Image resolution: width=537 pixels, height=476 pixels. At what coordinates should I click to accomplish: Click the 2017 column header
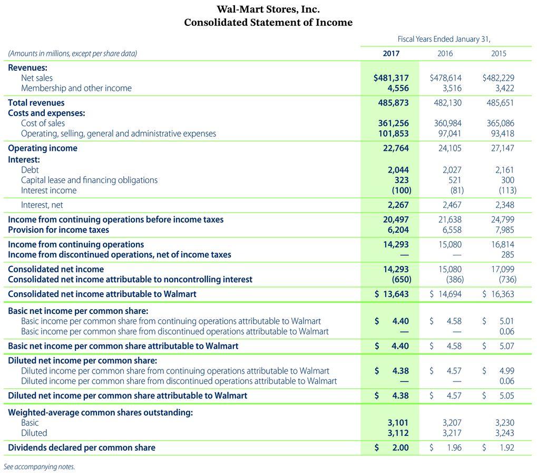pyautogui.click(x=390, y=53)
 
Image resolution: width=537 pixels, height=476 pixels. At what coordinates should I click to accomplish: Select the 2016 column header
pyautogui.click(x=445, y=53)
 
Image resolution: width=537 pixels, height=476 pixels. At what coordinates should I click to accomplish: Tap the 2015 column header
pyautogui.click(x=499, y=53)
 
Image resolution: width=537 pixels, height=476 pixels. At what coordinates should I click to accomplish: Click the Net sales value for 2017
pyautogui.click(x=391, y=78)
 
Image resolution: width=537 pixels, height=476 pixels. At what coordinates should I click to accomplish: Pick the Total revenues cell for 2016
pyautogui.click(x=447, y=103)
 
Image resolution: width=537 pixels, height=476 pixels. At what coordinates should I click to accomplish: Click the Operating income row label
pyautogui.click(x=43, y=148)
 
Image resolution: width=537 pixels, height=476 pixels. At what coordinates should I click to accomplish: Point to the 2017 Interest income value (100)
pyautogui.click(x=401, y=191)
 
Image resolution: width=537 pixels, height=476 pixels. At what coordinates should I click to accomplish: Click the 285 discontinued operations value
pyautogui.click(x=507, y=254)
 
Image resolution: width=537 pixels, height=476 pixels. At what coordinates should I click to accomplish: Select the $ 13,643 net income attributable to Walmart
pyautogui.click(x=392, y=294)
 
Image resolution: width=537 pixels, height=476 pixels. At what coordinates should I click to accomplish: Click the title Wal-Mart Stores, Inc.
pyautogui.click(x=268, y=9)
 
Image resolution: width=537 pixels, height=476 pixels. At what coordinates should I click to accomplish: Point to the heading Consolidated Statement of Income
pyautogui.click(x=268, y=23)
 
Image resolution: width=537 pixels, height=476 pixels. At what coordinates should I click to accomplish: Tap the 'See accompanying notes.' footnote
pyautogui.click(x=39, y=467)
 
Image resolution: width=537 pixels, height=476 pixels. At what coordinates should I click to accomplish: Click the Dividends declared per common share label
pyautogui.click(x=82, y=448)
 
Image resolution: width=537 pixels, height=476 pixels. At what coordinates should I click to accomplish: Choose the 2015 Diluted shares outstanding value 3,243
pyautogui.click(x=505, y=433)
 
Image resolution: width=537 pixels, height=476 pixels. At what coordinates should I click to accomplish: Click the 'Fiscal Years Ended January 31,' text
pyautogui.click(x=447, y=39)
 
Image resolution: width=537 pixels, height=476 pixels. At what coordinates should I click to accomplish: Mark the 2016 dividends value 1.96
pyautogui.click(x=453, y=448)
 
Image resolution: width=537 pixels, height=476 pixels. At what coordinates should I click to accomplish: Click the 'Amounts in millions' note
pyautogui.click(x=72, y=53)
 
